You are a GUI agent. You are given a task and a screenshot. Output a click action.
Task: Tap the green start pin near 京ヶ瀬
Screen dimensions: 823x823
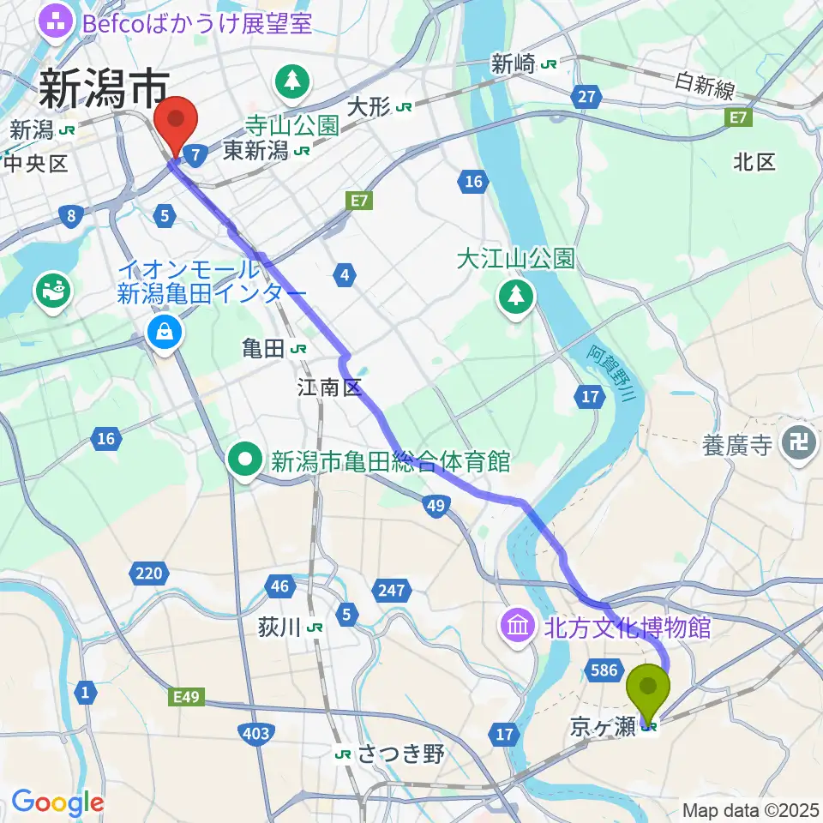(649, 691)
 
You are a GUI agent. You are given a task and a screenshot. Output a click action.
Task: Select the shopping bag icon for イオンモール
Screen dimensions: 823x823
(164, 330)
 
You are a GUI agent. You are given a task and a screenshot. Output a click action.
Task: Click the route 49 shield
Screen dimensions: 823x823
(436, 508)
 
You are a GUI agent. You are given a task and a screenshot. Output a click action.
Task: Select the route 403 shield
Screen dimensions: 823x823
(256, 733)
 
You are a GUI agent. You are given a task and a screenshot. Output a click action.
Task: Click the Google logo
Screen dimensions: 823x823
(57, 803)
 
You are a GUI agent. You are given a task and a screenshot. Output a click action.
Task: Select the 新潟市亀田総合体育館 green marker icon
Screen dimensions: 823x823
(245, 462)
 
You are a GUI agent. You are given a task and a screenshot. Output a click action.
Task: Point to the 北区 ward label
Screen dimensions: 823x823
(754, 162)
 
